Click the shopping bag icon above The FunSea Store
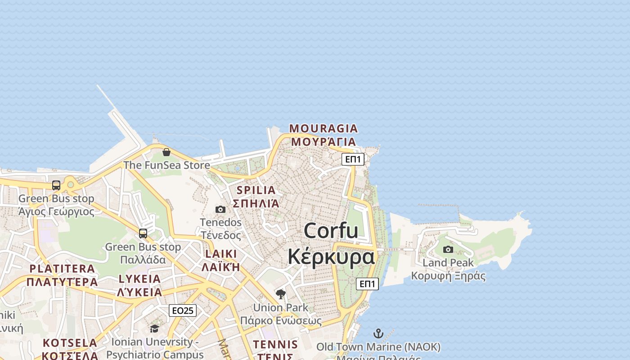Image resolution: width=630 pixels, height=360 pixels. (166, 152)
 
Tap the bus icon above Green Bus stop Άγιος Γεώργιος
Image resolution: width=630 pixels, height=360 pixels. (56, 185)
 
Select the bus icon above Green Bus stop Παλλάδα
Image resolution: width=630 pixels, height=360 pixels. (143, 234)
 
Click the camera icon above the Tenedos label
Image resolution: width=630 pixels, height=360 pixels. (220, 209)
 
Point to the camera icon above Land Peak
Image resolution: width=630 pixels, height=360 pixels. (448, 249)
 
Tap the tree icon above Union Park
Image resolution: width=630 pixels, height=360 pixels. (281, 294)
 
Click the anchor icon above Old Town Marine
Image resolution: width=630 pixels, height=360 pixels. (378, 333)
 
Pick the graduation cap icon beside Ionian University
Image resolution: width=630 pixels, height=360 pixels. (154, 328)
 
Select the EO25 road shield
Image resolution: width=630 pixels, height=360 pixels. (183, 310)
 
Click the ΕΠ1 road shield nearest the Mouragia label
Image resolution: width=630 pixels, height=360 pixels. (353, 159)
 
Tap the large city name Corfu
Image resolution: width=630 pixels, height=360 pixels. (331, 231)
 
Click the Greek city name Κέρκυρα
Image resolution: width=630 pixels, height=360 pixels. (331, 257)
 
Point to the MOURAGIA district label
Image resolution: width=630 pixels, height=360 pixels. (323, 129)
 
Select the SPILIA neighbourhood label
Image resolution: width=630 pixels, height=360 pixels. (256, 190)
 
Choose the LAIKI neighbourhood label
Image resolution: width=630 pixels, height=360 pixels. (220, 254)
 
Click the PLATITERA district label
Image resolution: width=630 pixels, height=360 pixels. (62, 269)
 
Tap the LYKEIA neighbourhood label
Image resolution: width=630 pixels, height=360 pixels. (139, 279)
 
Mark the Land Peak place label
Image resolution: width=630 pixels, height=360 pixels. (448, 263)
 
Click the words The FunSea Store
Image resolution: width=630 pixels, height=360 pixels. (166, 165)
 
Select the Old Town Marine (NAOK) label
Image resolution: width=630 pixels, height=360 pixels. (378, 347)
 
